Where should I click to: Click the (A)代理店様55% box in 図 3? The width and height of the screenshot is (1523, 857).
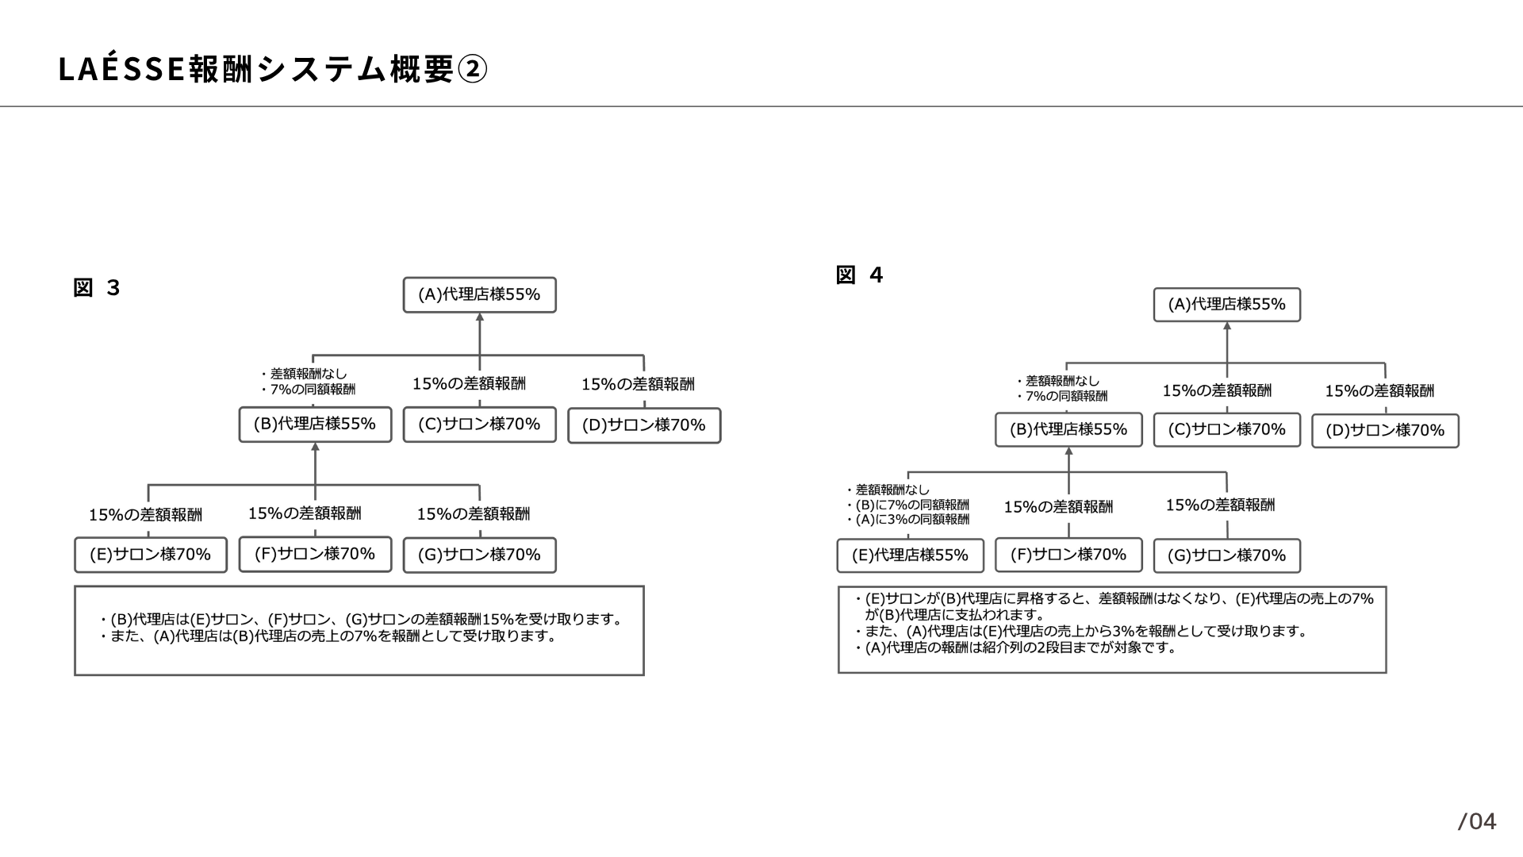(x=480, y=294)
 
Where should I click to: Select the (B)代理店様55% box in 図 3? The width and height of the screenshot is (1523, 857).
(x=315, y=425)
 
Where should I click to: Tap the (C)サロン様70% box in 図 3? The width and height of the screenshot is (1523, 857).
(x=480, y=425)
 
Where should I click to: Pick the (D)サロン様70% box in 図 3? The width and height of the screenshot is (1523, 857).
(x=644, y=425)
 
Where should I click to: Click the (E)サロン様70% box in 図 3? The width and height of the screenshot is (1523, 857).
(x=151, y=555)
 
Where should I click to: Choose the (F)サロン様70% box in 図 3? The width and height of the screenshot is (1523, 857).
(x=315, y=554)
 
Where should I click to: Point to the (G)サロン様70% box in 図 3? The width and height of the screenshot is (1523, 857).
(x=480, y=555)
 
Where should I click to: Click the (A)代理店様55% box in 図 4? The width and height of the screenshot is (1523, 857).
(x=1227, y=305)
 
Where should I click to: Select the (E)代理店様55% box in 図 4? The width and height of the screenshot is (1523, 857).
(x=911, y=555)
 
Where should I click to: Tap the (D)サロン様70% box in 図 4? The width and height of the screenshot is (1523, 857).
(x=1385, y=431)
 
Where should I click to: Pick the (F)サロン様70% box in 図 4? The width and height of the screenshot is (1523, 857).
(x=1068, y=555)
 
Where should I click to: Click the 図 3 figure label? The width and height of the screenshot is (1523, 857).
(x=96, y=287)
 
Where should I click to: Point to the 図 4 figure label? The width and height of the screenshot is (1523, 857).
(x=859, y=275)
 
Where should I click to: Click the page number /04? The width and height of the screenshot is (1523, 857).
(x=1477, y=821)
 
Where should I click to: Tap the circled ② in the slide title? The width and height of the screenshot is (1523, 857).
(x=472, y=70)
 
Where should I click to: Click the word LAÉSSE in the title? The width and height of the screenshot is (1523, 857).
(x=122, y=68)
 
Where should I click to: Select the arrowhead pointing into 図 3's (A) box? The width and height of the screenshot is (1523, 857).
(x=480, y=317)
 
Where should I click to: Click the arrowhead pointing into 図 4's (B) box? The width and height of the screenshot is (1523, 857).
(x=1068, y=451)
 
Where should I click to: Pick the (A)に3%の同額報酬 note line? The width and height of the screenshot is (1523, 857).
(x=907, y=520)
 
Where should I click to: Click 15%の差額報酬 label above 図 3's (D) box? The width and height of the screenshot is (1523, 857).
(x=638, y=384)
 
